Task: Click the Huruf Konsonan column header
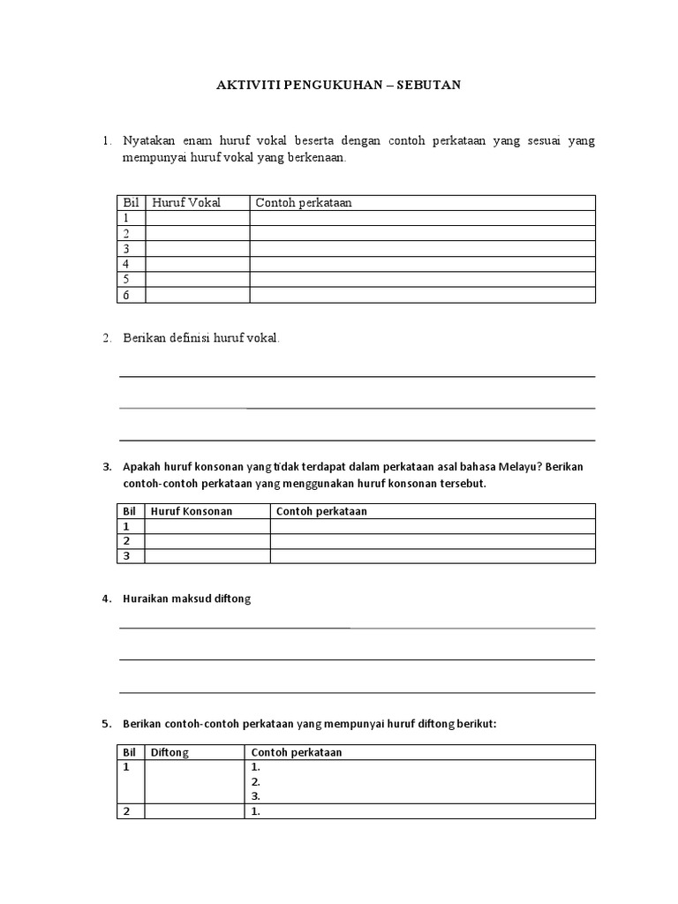point(192,511)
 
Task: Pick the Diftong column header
point(169,752)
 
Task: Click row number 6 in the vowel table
point(126,295)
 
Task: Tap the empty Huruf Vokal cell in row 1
point(197,218)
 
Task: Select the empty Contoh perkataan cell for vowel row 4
point(422,264)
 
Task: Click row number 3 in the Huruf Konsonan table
point(126,555)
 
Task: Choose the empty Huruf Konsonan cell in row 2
point(207,540)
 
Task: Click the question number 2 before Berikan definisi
point(105,339)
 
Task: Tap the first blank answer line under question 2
point(357,376)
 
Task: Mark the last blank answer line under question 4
point(357,692)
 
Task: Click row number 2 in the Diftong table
point(126,812)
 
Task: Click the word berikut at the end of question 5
point(477,724)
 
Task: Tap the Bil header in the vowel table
point(129,203)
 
